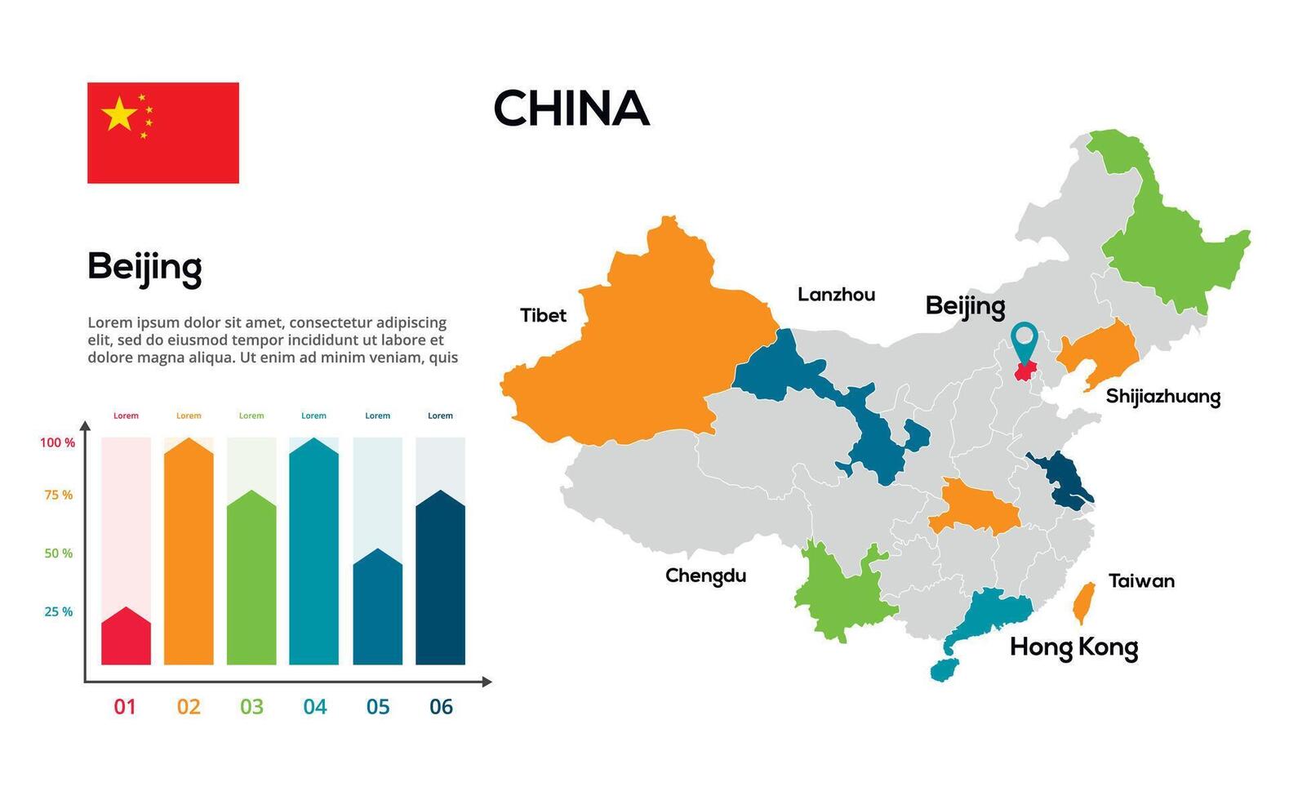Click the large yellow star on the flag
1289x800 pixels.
(x=119, y=114)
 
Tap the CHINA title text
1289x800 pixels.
(x=571, y=109)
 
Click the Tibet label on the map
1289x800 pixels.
(x=543, y=315)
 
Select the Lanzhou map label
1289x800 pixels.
(x=836, y=295)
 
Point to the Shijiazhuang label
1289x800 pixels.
(x=1162, y=397)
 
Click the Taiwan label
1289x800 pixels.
(x=1141, y=581)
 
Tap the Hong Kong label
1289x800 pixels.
(x=1073, y=647)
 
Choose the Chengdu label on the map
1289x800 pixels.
(x=705, y=576)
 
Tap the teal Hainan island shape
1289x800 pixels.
(x=941, y=670)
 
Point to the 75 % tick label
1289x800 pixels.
(x=58, y=496)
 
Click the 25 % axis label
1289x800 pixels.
(x=58, y=612)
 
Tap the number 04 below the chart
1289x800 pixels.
(x=314, y=707)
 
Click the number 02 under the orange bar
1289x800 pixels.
(x=189, y=707)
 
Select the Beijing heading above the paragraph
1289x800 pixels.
(x=144, y=267)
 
